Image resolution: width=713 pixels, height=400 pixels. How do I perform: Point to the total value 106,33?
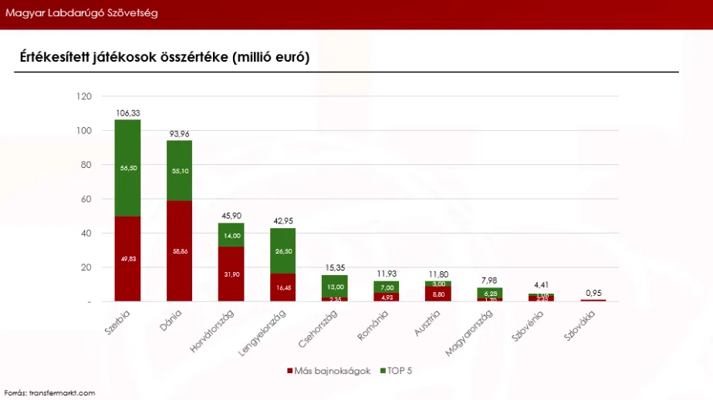(x=128, y=113)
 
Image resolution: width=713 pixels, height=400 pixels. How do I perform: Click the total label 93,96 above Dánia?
(x=180, y=133)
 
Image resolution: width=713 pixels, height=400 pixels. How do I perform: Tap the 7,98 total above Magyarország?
(x=489, y=281)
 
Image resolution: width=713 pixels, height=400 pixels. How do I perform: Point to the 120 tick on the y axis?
(x=85, y=96)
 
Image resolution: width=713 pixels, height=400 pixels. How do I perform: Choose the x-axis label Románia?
(x=372, y=324)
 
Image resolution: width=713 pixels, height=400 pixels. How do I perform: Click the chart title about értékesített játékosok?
(x=164, y=58)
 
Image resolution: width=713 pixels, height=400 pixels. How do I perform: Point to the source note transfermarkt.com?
(x=49, y=393)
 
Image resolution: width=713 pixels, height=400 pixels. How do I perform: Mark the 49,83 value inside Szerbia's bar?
(x=128, y=259)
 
